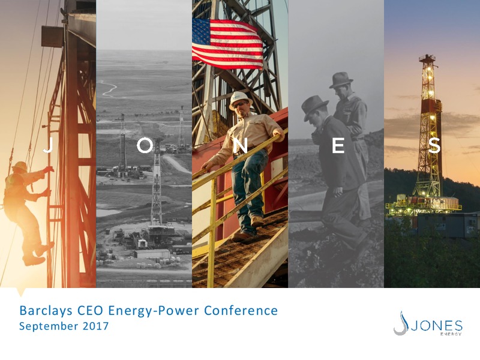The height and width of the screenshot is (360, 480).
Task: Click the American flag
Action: click(x=227, y=44)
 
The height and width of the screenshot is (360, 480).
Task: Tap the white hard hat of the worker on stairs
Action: click(x=241, y=100)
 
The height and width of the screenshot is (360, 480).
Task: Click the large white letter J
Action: click(x=49, y=145)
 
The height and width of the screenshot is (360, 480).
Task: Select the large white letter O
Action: click(x=145, y=145)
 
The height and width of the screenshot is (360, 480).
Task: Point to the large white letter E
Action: click(x=338, y=145)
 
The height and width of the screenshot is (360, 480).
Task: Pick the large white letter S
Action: click(x=434, y=145)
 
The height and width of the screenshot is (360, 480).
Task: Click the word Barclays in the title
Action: click(x=46, y=310)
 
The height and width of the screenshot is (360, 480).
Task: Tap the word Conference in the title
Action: click(x=241, y=310)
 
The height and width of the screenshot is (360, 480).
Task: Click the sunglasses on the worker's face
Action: click(x=240, y=105)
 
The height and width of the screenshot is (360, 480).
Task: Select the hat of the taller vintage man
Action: click(x=341, y=80)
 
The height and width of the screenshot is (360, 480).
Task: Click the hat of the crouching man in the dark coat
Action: click(x=314, y=107)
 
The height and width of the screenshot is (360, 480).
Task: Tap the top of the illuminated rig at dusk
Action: click(x=427, y=57)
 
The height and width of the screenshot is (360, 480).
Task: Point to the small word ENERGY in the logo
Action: click(x=451, y=334)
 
